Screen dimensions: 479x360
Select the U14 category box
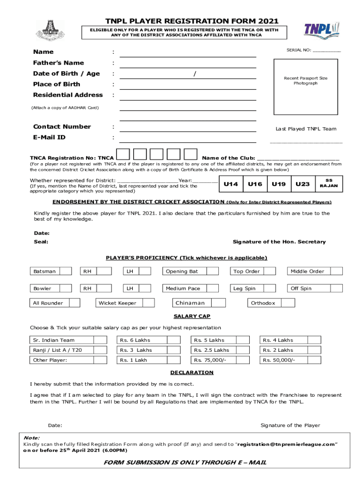[231, 184]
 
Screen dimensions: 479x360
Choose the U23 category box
[302, 184]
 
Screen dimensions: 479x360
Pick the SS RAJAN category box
[329, 183]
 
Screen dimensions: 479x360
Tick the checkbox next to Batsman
[66, 271]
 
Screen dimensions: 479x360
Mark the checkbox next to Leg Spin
[269, 288]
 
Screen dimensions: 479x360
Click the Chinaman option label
[190, 303]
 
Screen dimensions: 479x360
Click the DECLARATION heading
[192, 372]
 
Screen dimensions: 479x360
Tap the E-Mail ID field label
[49, 138]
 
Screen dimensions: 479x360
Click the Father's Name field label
[58, 63]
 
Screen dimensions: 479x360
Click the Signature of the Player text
[290, 425]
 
